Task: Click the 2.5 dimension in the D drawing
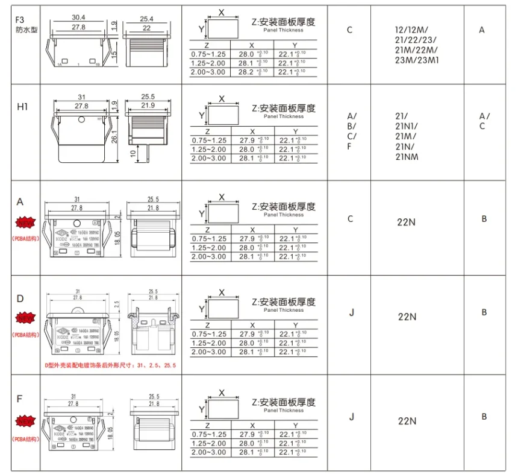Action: click(x=118, y=306)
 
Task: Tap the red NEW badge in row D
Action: click(x=25, y=317)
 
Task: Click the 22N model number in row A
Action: click(x=407, y=221)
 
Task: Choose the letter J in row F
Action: click(x=351, y=416)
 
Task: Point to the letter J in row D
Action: click(x=351, y=312)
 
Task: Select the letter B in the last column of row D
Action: click(x=484, y=312)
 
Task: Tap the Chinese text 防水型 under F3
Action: click(x=25, y=30)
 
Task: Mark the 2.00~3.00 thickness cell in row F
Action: click(x=208, y=452)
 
